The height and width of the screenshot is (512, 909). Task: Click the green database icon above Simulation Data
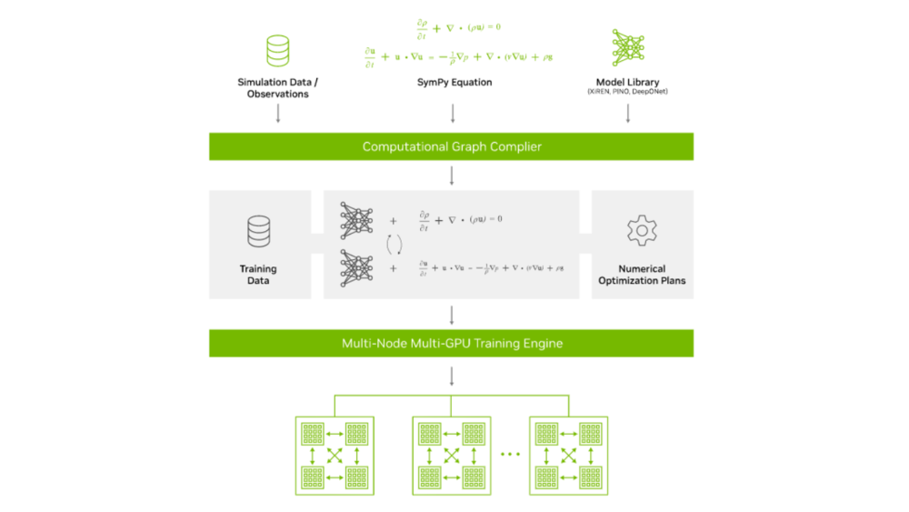278,50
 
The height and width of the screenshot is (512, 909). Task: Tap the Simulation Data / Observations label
278,88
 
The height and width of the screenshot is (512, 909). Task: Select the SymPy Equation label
454,83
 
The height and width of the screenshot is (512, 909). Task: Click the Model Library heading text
627,82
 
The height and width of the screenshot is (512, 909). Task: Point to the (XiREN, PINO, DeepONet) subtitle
627,93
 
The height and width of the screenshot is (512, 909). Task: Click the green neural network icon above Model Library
628,47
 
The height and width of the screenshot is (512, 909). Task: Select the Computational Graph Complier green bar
451,146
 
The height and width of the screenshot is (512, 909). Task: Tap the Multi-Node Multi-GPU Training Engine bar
451,343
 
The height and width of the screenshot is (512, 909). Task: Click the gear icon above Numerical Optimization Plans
642,231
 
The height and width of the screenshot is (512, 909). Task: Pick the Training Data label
259,275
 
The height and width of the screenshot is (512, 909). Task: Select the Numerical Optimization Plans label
642,275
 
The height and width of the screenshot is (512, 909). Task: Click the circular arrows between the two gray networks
395,244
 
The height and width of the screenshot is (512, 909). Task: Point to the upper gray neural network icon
356,220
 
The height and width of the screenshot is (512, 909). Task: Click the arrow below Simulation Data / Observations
278,114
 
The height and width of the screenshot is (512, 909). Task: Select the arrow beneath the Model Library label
627,114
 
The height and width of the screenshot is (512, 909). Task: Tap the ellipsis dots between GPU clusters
510,453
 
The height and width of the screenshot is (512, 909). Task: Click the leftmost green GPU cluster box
335,454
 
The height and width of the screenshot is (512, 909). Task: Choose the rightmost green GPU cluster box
568,454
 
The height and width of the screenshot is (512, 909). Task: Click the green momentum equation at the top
458,56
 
